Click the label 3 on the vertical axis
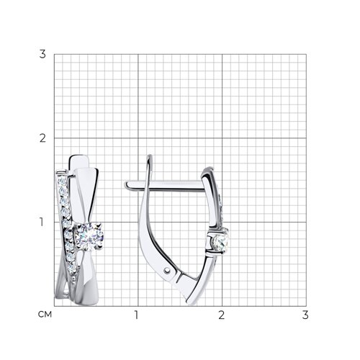click(x=42, y=54)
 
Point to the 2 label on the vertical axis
click(x=42, y=138)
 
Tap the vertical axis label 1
click(x=42, y=222)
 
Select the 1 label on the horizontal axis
click(x=136, y=315)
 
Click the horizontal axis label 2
click(x=222, y=315)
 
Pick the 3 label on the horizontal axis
click(x=305, y=315)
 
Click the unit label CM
click(x=45, y=315)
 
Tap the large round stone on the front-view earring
click(x=89, y=237)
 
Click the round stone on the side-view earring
click(x=221, y=243)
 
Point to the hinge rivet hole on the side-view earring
click(x=167, y=271)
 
